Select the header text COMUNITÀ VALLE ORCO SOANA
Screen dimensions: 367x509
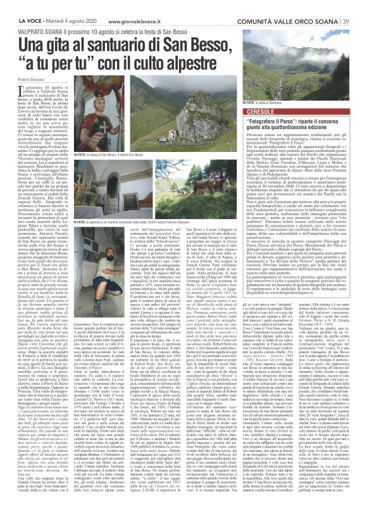point(299,5)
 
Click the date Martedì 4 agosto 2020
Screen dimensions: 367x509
point(66,5)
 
